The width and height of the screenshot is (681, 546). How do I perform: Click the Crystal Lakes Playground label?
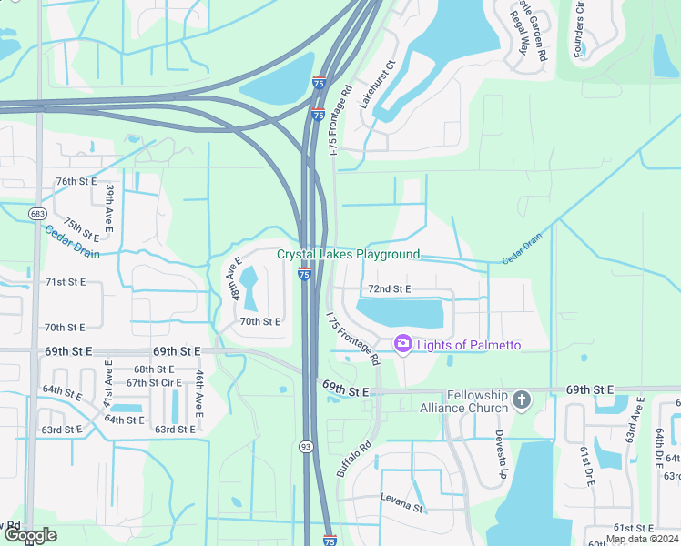349,255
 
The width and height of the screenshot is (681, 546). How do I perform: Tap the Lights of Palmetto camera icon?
401,344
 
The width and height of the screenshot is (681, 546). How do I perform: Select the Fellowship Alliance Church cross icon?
521,399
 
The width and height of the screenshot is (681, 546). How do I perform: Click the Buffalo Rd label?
354,460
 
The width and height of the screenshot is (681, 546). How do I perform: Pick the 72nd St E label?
389,289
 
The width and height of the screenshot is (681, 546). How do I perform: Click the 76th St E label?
76,181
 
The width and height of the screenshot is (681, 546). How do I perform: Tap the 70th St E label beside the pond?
259,321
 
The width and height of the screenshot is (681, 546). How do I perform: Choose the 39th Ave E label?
109,207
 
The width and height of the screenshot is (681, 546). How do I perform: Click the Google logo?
29,535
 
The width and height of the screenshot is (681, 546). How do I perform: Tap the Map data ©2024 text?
642,539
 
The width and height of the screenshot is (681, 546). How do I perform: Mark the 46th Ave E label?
198,393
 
